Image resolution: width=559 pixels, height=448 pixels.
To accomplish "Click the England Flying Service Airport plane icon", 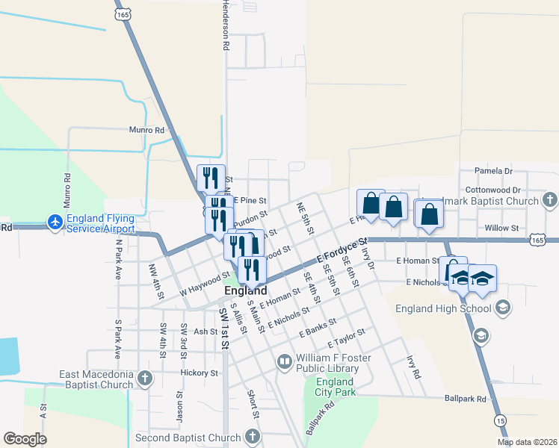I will click(55, 222).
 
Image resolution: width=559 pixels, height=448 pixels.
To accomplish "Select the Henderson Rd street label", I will click(224, 25).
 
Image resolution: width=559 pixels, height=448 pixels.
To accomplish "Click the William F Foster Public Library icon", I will click(285, 363).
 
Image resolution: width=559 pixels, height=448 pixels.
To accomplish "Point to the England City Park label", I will click(335, 388).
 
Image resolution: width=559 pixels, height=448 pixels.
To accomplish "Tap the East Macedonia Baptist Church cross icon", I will click(145, 379).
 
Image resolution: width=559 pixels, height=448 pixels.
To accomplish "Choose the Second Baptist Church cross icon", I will click(253, 437).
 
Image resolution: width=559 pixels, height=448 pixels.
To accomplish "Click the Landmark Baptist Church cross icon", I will click(549, 200).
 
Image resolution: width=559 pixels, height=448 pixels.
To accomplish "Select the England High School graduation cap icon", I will click(503, 308).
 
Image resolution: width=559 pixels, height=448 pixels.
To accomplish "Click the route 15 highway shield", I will click(500, 422).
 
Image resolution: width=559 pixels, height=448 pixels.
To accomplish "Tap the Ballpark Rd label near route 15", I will click(465, 399).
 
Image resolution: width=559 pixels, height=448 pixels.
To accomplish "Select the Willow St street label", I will click(501, 228).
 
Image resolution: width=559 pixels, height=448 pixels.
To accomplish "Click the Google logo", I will click(25, 439).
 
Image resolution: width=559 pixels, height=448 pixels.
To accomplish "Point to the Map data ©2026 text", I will click(527, 442).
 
